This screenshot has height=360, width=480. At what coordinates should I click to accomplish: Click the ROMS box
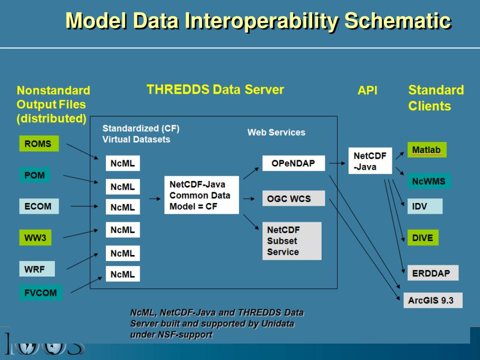[39, 144]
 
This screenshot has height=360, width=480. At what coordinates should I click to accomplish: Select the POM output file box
[35, 175]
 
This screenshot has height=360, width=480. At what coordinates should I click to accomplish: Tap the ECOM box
[39, 206]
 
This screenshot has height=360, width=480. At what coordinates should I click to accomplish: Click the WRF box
[37, 269]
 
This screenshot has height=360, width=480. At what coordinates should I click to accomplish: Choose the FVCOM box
[40, 293]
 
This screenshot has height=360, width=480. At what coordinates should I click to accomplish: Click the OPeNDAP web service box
[293, 164]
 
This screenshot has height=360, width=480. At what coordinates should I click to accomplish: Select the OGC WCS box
[293, 198]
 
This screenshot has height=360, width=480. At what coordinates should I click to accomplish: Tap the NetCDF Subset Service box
[292, 241]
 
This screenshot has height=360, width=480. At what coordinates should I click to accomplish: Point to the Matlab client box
[427, 150]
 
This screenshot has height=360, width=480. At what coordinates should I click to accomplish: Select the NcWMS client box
[429, 181]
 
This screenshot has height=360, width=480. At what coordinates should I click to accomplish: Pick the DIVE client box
[423, 238]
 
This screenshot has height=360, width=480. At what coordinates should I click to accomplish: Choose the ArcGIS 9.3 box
[432, 300]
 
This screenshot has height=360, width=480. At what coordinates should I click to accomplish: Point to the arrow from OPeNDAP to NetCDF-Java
[337, 164]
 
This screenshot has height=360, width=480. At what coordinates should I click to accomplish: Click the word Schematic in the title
[398, 21]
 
